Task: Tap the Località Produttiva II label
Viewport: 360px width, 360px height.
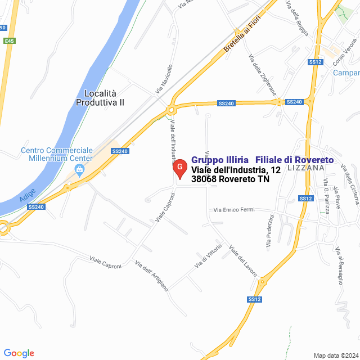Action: [100, 98]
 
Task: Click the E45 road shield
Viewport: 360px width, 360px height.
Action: [8, 41]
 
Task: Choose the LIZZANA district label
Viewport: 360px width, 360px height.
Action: [305, 168]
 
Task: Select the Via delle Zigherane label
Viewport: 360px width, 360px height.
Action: [263, 73]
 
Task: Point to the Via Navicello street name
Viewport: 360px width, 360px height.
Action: [164, 79]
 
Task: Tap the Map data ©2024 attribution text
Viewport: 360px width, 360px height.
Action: [335, 355]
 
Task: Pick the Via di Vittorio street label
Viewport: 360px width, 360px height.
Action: [208, 256]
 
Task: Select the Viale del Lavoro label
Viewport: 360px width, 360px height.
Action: [243, 260]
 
